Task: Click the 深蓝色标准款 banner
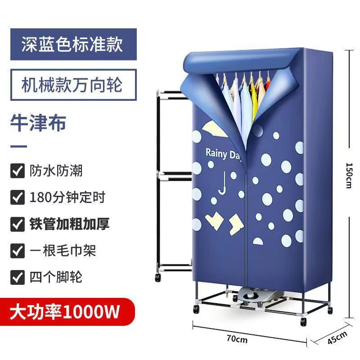tap(72, 45)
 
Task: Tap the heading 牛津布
tap(38, 122)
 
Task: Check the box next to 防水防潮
tap(18, 171)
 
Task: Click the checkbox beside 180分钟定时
tap(18, 198)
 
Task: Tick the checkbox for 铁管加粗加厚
tap(18, 224)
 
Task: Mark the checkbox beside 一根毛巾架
tap(18, 250)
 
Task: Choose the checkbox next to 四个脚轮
tap(18, 276)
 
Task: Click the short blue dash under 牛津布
tap(18, 147)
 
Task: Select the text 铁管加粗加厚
tap(69, 224)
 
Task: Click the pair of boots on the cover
tap(225, 222)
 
